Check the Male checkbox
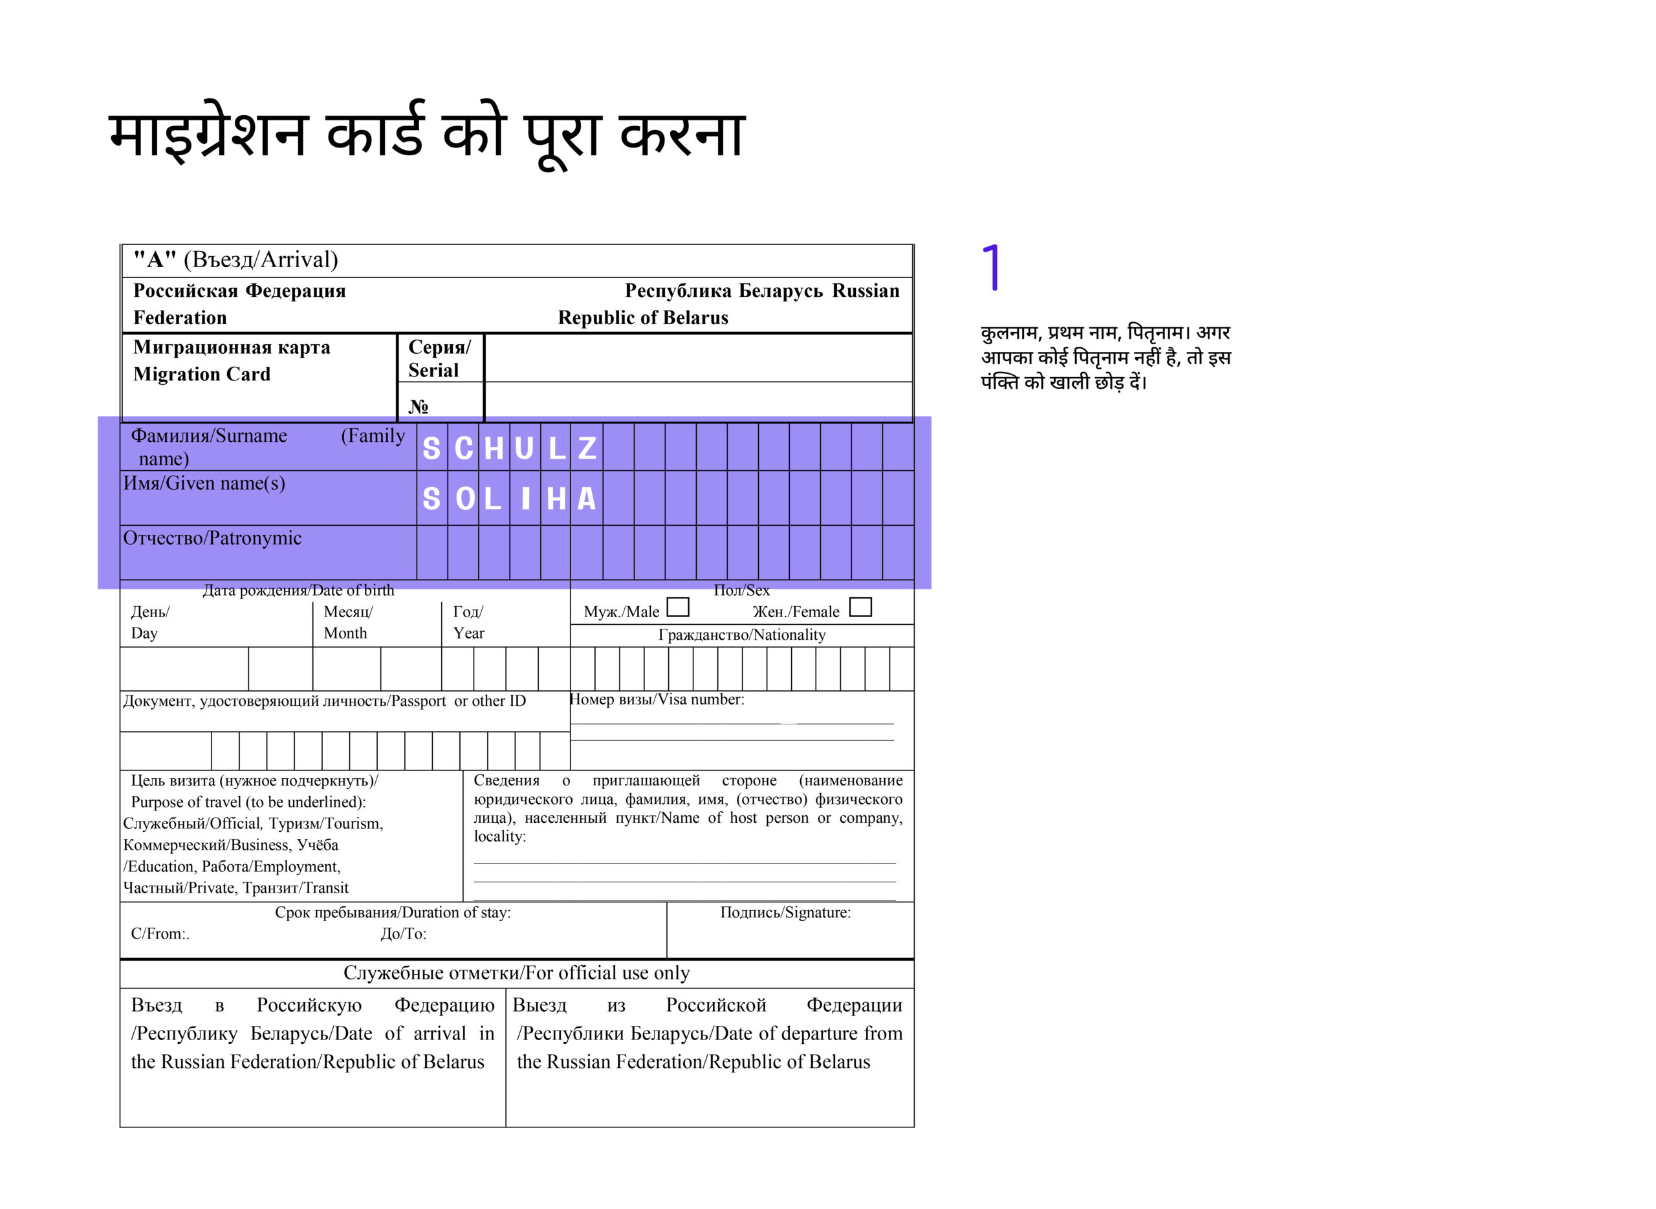pos(679,607)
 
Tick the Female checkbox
pos(860,607)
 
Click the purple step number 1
pos(992,268)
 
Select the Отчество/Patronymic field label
pos(212,539)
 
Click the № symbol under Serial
pos(419,406)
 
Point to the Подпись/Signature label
pos(785,913)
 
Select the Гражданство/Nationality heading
pos(742,635)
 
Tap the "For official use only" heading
pos(517,974)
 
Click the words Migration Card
pos(202,375)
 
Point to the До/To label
pos(403,935)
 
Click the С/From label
pos(160,935)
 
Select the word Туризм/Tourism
pos(325,824)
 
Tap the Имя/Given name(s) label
pos(204,484)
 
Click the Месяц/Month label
pos(347,622)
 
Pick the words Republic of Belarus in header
pos(643,318)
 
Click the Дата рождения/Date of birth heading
pos(298,591)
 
